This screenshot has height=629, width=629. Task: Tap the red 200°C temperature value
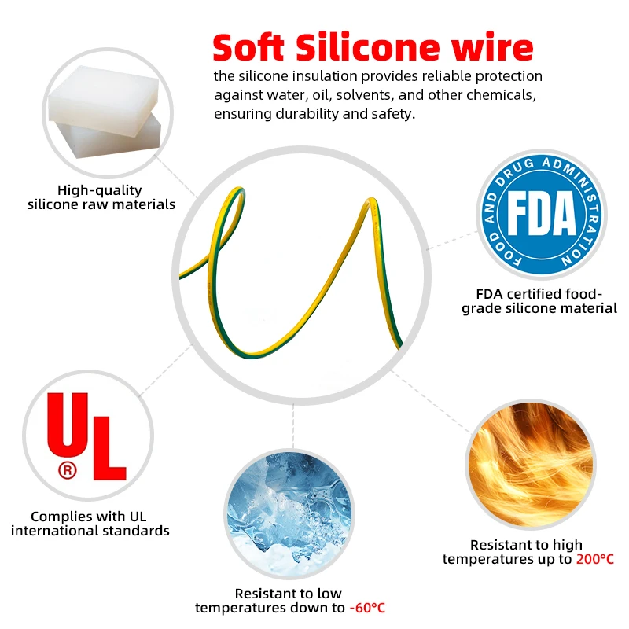coord(594,559)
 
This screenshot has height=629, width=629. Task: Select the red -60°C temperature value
coord(366,608)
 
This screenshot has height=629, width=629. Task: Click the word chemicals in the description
coord(508,95)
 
